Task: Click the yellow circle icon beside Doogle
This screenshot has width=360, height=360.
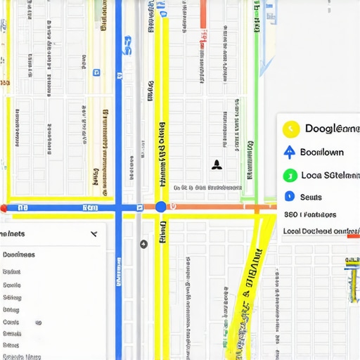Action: click(x=290, y=129)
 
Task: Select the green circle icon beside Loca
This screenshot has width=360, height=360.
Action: click(x=288, y=176)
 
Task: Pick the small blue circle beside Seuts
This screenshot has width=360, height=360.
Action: click(x=288, y=196)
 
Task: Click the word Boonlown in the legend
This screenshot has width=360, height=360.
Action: click(x=322, y=152)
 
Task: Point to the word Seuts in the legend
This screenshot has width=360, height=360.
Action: click(x=310, y=197)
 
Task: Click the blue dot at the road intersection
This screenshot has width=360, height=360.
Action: click(x=161, y=207)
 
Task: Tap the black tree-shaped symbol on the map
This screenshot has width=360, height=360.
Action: click(x=217, y=165)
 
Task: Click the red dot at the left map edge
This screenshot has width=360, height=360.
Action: click(x=4, y=208)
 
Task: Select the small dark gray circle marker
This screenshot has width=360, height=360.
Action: click(x=144, y=244)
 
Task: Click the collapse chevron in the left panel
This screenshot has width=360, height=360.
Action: click(x=94, y=234)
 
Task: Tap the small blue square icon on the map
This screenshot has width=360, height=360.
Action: click(x=96, y=71)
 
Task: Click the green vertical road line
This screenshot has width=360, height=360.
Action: click(x=257, y=105)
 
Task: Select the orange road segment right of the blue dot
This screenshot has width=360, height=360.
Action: click(x=211, y=207)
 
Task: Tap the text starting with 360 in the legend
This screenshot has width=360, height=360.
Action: click(x=309, y=214)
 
